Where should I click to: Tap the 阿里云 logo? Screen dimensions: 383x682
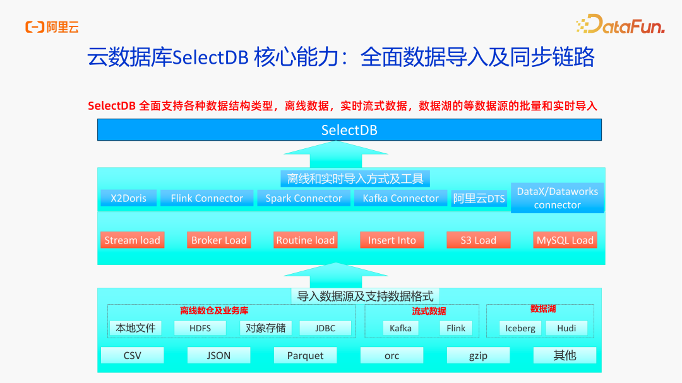pyautogui.click(x=52, y=27)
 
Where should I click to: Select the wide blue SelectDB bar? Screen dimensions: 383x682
pyautogui.click(x=349, y=130)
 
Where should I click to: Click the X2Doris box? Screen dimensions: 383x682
pyautogui.click(x=129, y=198)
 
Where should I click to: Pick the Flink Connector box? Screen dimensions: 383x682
pyautogui.click(x=206, y=198)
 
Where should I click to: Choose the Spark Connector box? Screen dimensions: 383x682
pyautogui.click(x=303, y=198)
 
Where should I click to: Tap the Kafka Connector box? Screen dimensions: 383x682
pyautogui.click(x=400, y=198)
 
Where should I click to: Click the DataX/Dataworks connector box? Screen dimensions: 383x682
pyautogui.click(x=557, y=198)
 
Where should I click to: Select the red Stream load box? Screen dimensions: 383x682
pyautogui.click(x=132, y=240)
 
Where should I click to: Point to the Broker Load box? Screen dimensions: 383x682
pyautogui.click(x=218, y=240)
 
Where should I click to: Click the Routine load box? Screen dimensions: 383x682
pyautogui.click(x=305, y=240)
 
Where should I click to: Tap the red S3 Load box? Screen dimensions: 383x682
pyautogui.click(x=478, y=240)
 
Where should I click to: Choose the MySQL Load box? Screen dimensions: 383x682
pyautogui.click(x=565, y=240)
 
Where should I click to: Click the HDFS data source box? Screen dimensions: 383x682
pyautogui.click(x=200, y=328)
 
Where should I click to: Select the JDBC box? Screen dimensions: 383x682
pyautogui.click(x=325, y=328)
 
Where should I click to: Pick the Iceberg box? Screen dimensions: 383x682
pyautogui.click(x=520, y=328)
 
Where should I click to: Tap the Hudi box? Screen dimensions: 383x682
pyautogui.click(x=566, y=328)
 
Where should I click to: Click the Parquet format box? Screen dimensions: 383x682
pyautogui.click(x=305, y=355)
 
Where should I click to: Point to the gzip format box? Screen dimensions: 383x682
pyautogui.click(x=478, y=355)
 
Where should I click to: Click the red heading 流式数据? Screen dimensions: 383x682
pyautogui.click(x=429, y=311)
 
